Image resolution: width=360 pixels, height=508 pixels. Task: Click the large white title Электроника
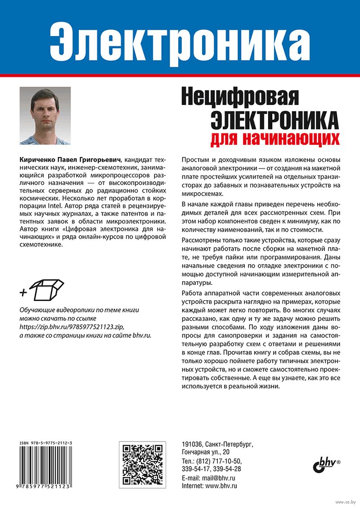tap(180, 39)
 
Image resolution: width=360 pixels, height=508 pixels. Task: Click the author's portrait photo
tap(45, 116)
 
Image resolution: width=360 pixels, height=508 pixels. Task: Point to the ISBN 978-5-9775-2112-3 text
tap(46, 444)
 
